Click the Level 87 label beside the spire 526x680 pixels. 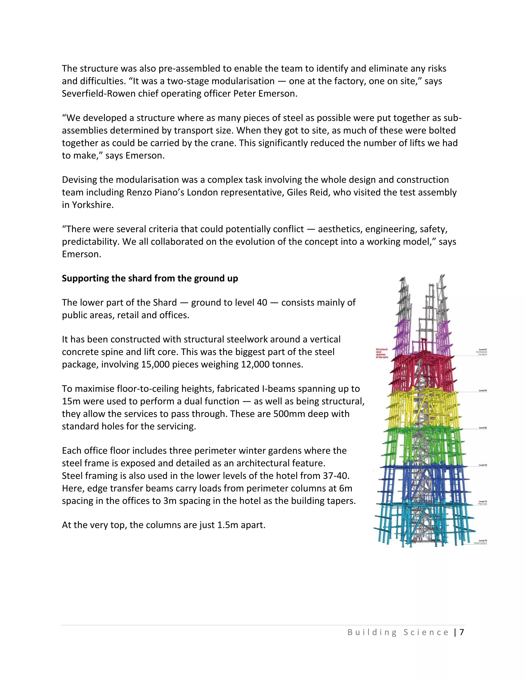pyautogui.click(x=482, y=352)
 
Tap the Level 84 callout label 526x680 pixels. pyautogui.click(x=483, y=391)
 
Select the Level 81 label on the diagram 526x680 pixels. pyautogui.click(x=483, y=428)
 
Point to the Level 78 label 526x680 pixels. pyautogui.click(x=483, y=465)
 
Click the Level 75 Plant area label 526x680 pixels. pyautogui.click(x=482, y=502)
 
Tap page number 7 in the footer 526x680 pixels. pyautogui.click(x=462, y=632)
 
